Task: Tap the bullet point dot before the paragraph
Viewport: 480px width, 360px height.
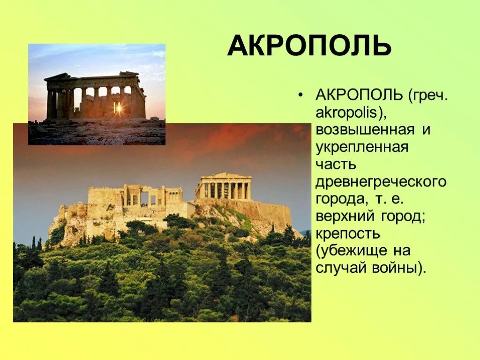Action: (x=300, y=96)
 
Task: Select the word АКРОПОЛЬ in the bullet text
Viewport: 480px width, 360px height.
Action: (x=359, y=96)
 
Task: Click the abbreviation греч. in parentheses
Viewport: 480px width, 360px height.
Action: (x=429, y=96)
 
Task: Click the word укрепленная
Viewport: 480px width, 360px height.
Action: (x=362, y=147)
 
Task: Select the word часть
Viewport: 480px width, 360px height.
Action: (x=336, y=164)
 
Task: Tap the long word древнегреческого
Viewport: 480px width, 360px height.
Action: (x=381, y=181)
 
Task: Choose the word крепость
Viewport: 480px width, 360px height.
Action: (x=347, y=233)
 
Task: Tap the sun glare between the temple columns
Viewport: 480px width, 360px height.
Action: (x=118, y=109)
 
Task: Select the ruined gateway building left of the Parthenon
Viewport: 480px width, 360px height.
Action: (x=136, y=197)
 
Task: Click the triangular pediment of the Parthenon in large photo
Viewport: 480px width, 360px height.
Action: (x=224, y=176)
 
